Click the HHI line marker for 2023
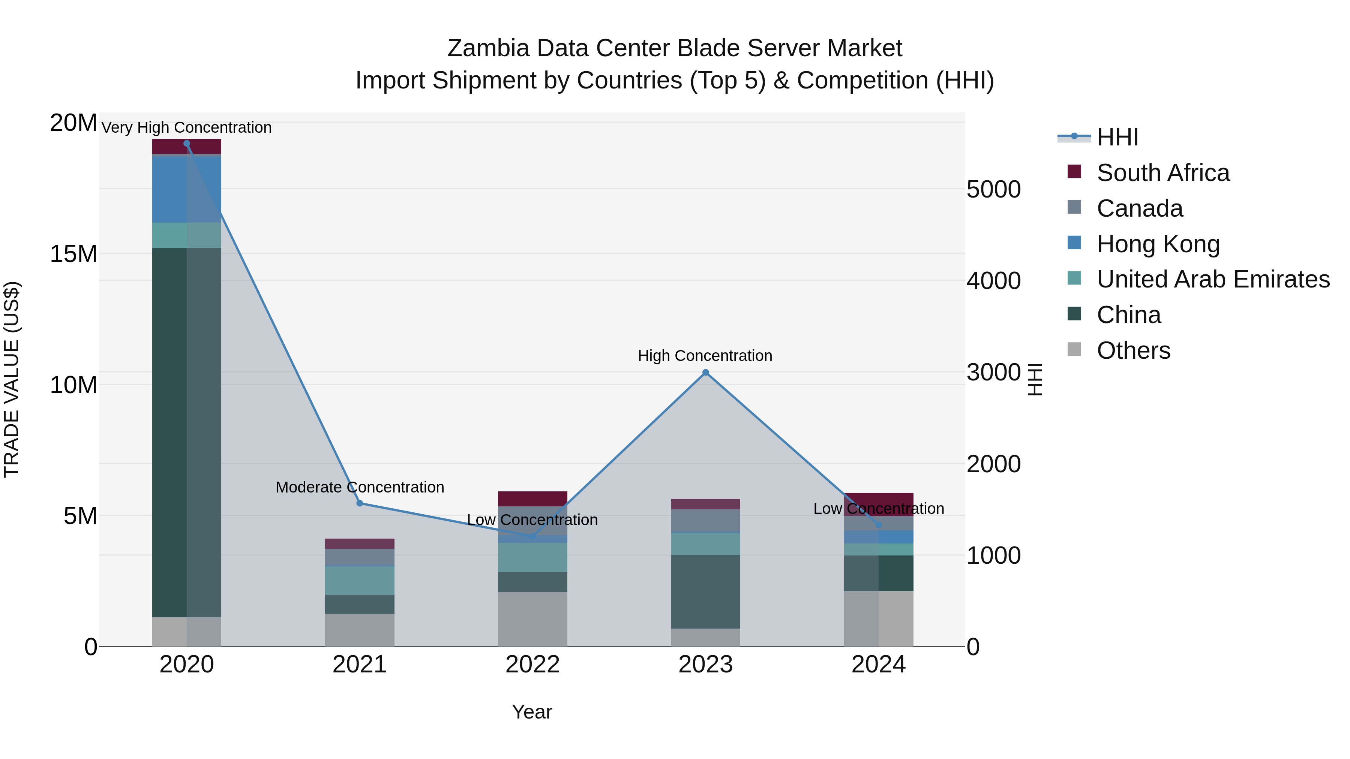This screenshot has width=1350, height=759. [705, 373]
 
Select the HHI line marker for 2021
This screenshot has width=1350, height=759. [360, 503]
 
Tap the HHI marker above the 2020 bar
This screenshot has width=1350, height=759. [187, 144]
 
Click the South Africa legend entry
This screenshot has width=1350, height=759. [1162, 173]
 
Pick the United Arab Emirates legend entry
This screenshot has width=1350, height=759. [1213, 279]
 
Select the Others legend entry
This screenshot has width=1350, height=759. [1133, 350]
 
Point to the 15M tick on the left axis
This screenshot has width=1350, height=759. [73, 254]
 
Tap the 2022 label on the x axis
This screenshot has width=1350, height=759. [532, 665]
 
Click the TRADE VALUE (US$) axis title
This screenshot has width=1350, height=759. [12, 379]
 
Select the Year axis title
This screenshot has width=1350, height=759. [532, 712]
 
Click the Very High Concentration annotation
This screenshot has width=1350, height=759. [187, 127]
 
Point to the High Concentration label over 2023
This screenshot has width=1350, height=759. [705, 356]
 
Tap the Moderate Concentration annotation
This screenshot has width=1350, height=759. [360, 487]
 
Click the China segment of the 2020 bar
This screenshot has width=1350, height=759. [187, 432]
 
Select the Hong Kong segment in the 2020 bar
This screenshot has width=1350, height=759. [187, 189]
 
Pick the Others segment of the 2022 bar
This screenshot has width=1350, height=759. [532, 619]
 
